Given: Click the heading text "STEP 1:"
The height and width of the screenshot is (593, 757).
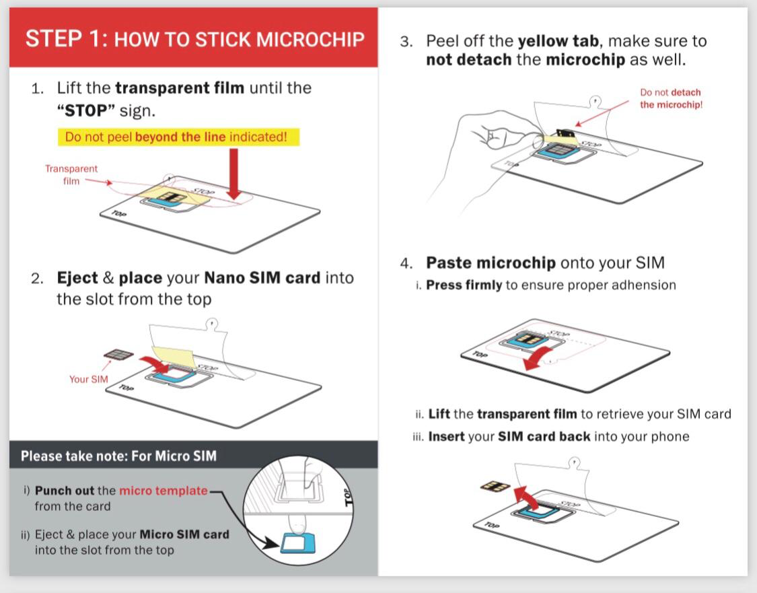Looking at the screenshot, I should pyautogui.click(x=66, y=38).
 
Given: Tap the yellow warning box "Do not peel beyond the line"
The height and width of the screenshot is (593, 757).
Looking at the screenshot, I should pyautogui.click(x=176, y=137).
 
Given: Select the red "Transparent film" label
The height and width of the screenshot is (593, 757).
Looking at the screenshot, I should pyautogui.click(x=71, y=175).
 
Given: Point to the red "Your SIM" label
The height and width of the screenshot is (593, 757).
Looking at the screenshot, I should pyautogui.click(x=88, y=379).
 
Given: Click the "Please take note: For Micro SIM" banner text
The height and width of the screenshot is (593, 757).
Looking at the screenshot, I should pyautogui.click(x=118, y=456).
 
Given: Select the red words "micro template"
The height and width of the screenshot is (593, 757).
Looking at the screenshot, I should pyautogui.click(x=163, y=491).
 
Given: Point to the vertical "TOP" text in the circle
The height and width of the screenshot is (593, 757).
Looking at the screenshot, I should pyautogui.click(x=349, y=497).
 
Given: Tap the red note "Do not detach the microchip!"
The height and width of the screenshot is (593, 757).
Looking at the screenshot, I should pyautogui.click(x=671, y=99).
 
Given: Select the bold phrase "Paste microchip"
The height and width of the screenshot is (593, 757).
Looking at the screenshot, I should pyautogui.click(x=491, y=263).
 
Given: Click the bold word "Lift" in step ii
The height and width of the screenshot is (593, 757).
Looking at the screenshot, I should pyautogui.click(x=439, y=414).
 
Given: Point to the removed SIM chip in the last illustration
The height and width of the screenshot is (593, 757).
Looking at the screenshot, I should pyautogui.click(x=494, y=485).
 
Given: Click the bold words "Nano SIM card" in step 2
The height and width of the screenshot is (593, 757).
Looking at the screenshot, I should pyautogui.click(x=262, y=278).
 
